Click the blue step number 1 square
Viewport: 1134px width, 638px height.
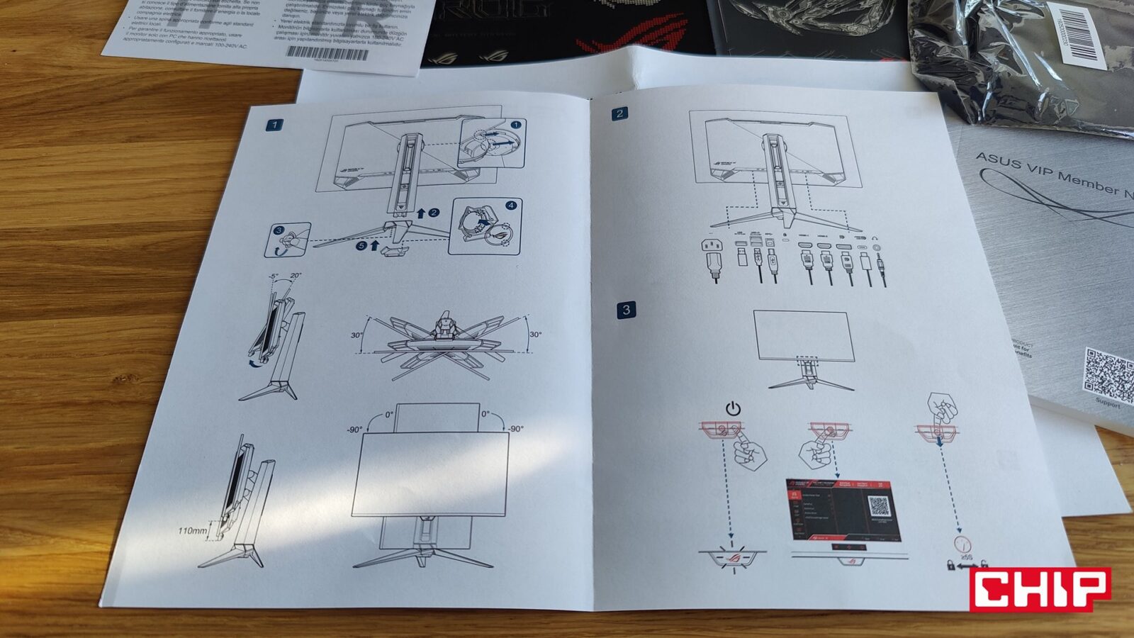(274, 125)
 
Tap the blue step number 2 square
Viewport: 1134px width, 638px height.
(620, 113)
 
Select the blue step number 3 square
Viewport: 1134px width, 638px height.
(626, 310)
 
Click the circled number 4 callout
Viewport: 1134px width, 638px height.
(510, 206)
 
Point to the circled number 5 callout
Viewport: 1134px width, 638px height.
(361, 246)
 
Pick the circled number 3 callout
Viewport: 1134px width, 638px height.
(279, 231)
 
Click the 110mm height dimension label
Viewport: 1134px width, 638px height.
(193, 530)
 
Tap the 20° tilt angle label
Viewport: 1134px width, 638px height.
(296, 276)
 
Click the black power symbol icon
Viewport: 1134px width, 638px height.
(733, 408)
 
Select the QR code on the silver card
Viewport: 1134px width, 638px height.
(1108, 374)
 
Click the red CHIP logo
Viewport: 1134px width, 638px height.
(1040, 588)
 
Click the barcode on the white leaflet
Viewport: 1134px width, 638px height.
(327, 53)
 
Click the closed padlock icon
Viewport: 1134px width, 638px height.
(950, 565)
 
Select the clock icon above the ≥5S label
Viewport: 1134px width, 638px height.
(962, 544)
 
